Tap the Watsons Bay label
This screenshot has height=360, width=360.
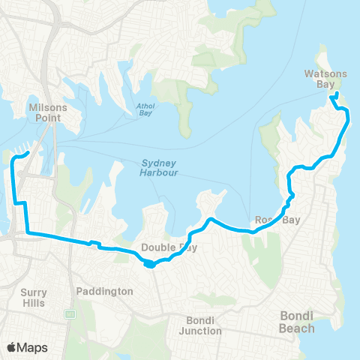(325, 79)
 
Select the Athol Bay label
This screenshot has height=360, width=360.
(145, 109)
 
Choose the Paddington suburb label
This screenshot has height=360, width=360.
(105, 291)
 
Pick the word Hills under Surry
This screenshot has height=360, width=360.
(33, 304)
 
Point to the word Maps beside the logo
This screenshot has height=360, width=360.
(33, 346)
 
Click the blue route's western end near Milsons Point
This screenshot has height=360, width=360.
(28, 153)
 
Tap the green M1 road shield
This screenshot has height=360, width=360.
(70, 313)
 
